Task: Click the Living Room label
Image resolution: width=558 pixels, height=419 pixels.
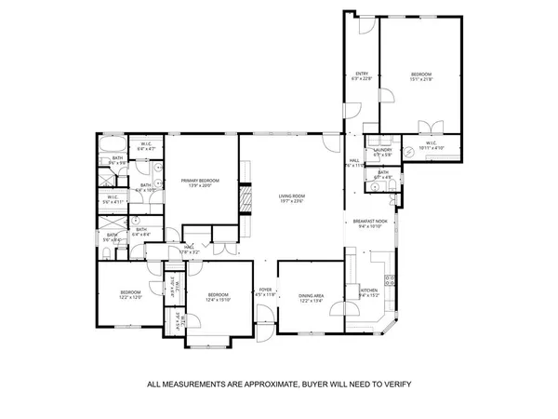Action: (292, 196)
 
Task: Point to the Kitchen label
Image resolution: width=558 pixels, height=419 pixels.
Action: (369, 291)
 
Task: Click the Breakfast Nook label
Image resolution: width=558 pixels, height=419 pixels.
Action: (369, 221)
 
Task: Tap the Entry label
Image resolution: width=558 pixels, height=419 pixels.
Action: (362, 74)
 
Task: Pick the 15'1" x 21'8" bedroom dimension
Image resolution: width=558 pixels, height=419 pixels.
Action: (422, 80)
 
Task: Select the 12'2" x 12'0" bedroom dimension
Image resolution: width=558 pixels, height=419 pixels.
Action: (130, 297)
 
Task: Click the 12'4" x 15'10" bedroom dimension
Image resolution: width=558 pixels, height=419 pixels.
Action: (219, 300)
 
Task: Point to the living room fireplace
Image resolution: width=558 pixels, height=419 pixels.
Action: (246, 199)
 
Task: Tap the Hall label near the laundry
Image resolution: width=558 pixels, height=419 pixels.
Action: (354, 161)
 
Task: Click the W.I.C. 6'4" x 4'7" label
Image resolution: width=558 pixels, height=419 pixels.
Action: (146, 145)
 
